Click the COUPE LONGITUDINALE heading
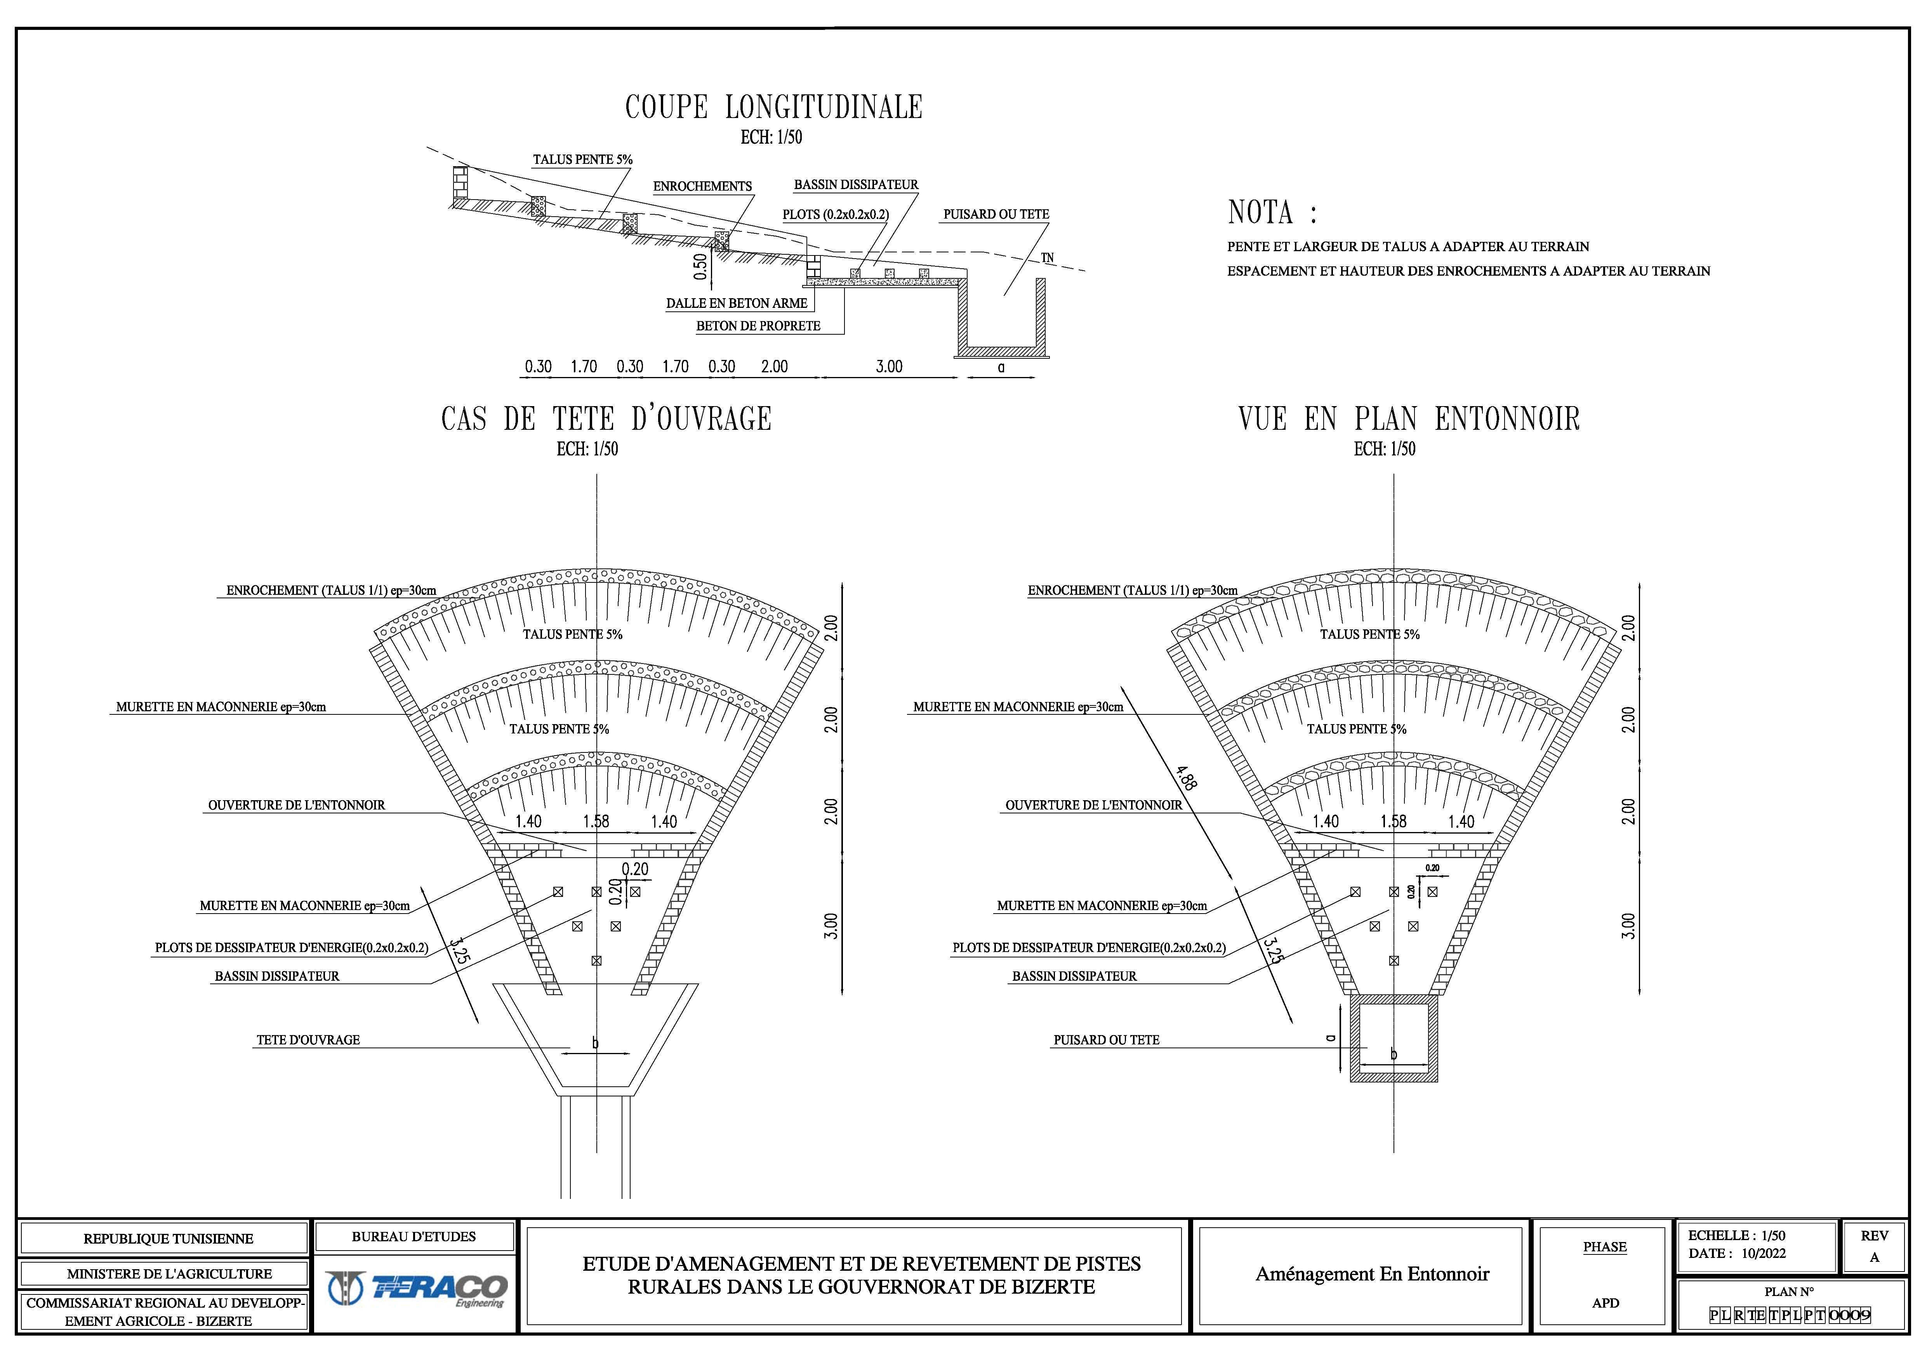(x=774, y=108)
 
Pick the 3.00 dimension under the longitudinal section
(x=889, y=367)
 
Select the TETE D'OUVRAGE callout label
(x=308, y=1040)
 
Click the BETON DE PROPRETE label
(x=758, y=326)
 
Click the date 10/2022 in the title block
(x=1763, y=1254)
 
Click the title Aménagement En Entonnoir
(x=1372, y=1274)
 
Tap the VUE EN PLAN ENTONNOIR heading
(x=1409, y=419)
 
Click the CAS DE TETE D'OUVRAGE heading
(x=606, y=419)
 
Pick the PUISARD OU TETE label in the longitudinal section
(x=996, y=214)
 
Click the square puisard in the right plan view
(x=1394, y=1038)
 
